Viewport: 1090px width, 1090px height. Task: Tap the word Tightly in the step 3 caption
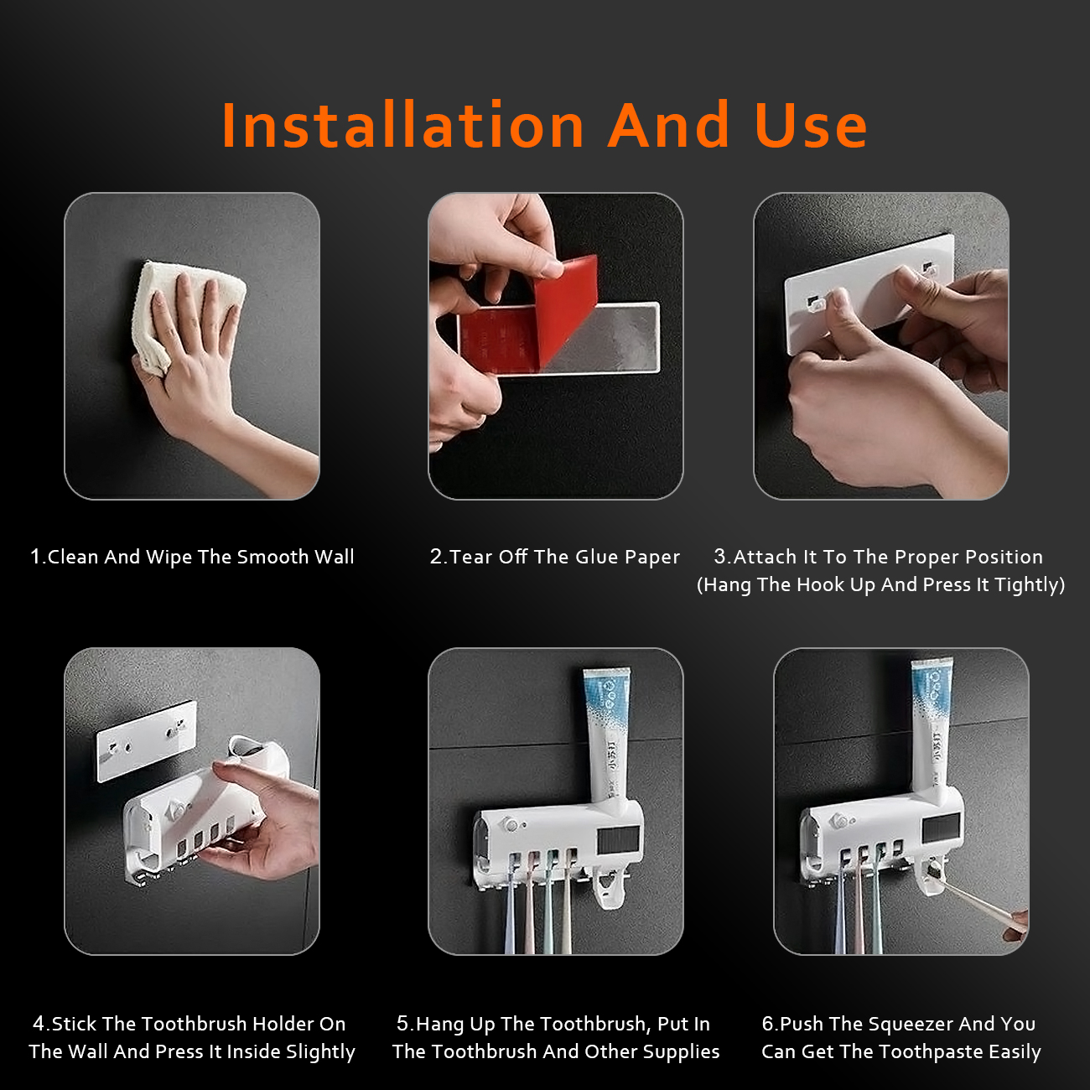pos(1030,585)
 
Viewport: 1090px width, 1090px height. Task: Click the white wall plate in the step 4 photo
pos(147,741)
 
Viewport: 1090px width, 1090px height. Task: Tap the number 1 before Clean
pos(36,557)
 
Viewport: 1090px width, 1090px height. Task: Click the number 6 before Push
pos(767,1024)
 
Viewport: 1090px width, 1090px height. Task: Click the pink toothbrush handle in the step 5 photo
pos(530,905)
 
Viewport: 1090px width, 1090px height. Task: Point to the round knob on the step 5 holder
pos(511,824)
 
